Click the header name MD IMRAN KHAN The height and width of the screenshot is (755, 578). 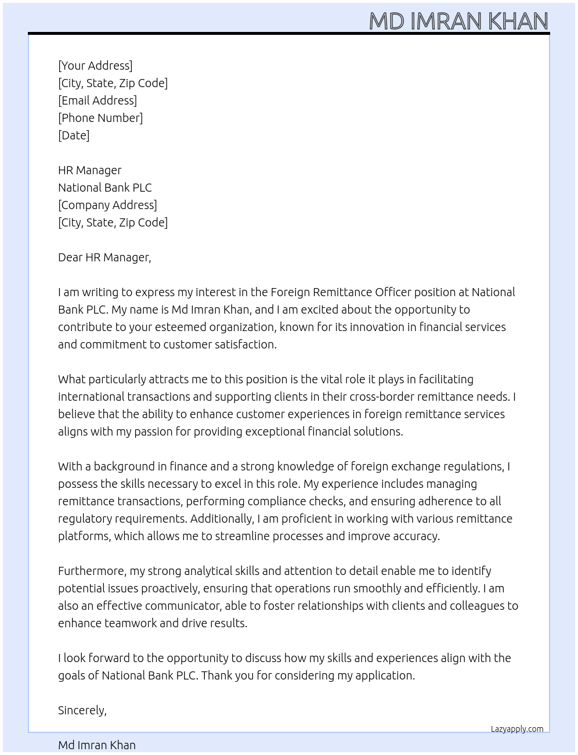[x=458, y=21]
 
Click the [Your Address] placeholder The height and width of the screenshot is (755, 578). [x=95, y=66]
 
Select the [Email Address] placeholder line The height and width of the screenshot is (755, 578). [x=97, y=100]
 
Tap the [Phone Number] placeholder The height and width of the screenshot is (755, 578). [x=100, y=118]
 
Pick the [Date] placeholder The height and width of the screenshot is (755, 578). [x=74, y=135]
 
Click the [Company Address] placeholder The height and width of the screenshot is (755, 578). [x=107, y=205]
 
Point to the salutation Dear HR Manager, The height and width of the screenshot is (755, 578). [x=104, y=257]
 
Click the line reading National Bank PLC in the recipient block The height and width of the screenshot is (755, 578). [x=104, y=188]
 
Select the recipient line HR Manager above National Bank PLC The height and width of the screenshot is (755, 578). [x=89, y=170]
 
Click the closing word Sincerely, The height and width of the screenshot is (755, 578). [x=82, y=710]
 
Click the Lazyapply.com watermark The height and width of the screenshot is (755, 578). [x=516, y=729]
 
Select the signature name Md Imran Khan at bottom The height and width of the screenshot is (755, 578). [x=96, y=745]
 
